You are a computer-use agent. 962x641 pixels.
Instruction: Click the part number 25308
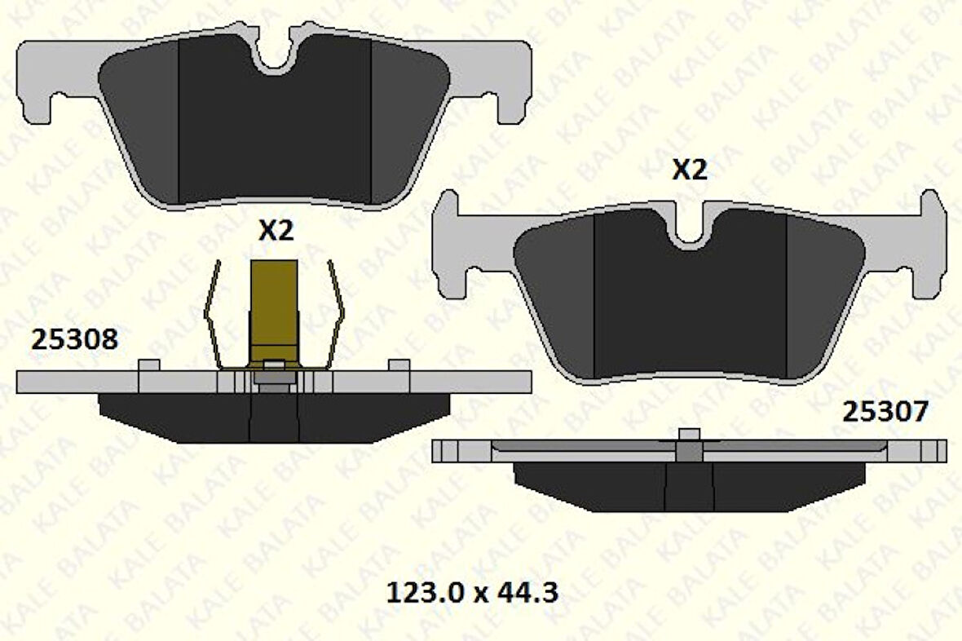point(74,339)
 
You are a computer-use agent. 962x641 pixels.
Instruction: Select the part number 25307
point(885,413)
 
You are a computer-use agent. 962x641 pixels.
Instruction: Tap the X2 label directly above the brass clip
point(276,232)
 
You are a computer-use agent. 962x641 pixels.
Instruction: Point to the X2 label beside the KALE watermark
point(689,170)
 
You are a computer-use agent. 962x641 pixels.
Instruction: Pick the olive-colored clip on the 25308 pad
point(275,310)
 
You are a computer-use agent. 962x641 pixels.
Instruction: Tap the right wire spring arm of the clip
point(337,318)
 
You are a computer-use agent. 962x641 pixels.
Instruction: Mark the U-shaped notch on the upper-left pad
point(276,55)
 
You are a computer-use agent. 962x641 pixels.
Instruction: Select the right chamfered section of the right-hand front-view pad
point(819,294)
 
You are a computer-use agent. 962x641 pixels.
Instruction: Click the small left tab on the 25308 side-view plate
point(149,365)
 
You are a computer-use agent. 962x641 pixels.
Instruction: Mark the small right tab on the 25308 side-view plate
point(399,365)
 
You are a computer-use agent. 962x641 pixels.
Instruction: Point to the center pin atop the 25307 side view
point(690,434)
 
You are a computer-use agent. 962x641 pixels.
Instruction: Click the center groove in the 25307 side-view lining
point(690,487)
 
